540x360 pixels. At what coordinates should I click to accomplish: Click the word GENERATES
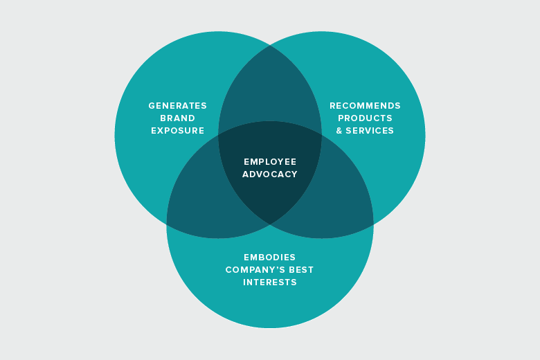pyautogui.click(x=177, y=106)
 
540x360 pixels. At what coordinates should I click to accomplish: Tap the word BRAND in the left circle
pyautogui.click(x=177, y=118)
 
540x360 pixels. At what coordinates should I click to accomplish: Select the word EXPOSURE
pyautogui.click(x=177, y=131)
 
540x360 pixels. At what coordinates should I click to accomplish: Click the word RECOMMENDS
pyautogui.click(x=365, y=106)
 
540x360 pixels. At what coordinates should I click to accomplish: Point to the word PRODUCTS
pyautogui.click(x=365, y=118)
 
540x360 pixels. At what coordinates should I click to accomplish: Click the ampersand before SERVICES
pyautogui.click(x=339, y=131)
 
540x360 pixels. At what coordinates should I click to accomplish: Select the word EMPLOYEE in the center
pyautogui.click(x=270, y=161)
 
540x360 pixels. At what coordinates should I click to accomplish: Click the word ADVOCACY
pyautogui.click(x=270, y=174)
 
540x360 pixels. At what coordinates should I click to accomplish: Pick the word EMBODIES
pyautogui.click(x=270, y=257)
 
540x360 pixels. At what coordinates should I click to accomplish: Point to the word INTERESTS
pyautogui.click(x=270, y=282)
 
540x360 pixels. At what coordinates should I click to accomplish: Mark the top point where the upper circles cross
pyautogui.click(x=270, y=45)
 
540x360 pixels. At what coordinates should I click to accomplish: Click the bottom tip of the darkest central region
pyautogui.click(x=270, y=224)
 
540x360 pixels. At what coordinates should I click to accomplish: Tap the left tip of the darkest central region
pyautogui.click(x=219, y=135)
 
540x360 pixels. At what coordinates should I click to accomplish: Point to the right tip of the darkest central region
pyautogui.click(x=321, y=135)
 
